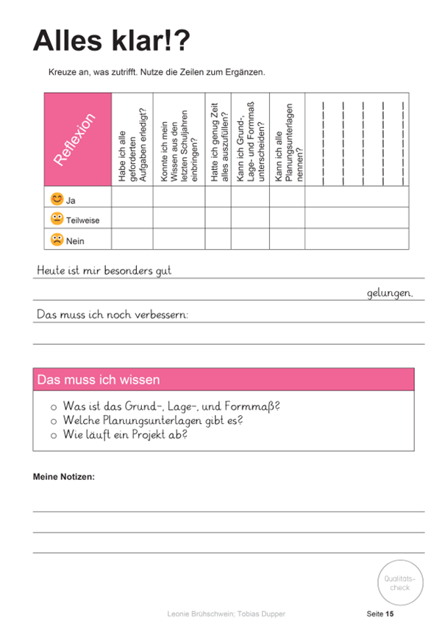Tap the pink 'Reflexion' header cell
77,140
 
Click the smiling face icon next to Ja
57,198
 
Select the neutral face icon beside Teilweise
57,219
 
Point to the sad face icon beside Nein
57,240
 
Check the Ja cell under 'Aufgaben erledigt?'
132,197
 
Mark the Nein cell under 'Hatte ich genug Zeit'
218,240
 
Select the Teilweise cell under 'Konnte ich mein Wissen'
179,218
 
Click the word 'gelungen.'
390,292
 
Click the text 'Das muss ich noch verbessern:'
113,315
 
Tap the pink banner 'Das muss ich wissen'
223,379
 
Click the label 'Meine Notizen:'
64,477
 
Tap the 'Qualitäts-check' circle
399,583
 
